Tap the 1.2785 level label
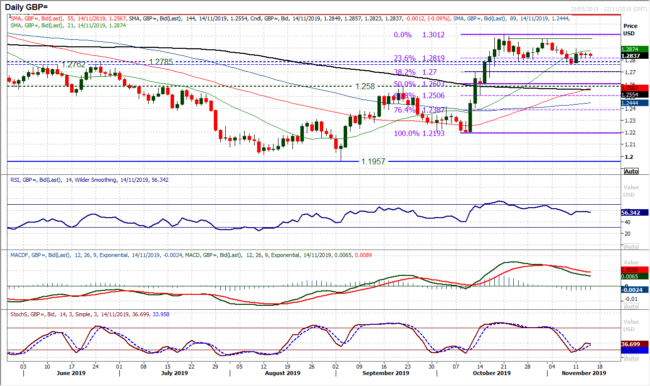[x=164, y=62]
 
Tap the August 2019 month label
[x=282, y=373]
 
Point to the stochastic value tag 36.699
[x=632, y=344]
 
